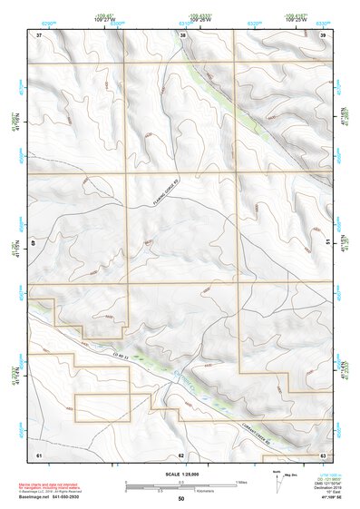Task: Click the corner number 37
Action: (x=39, y=35)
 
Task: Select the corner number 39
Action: (x=323, y=35)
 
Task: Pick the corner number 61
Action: (x=39, y=454)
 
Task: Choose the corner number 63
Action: (x=323, y=454)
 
